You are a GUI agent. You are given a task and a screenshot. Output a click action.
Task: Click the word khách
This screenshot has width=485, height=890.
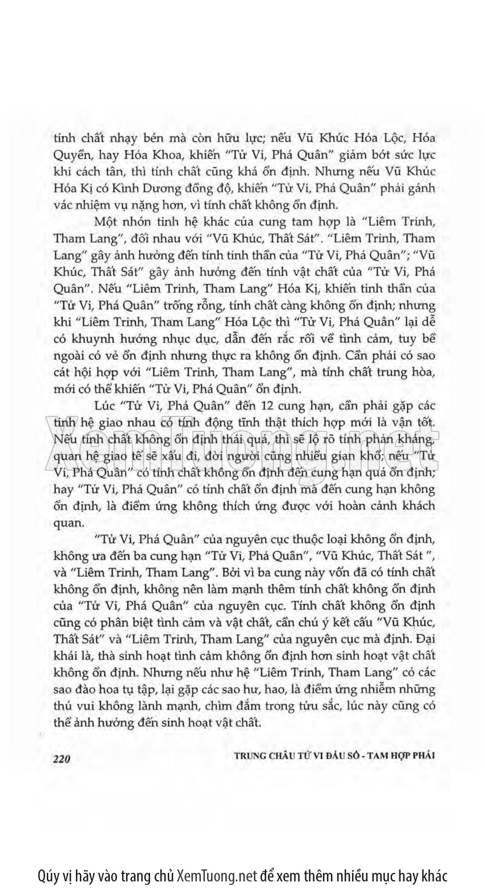416,506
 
